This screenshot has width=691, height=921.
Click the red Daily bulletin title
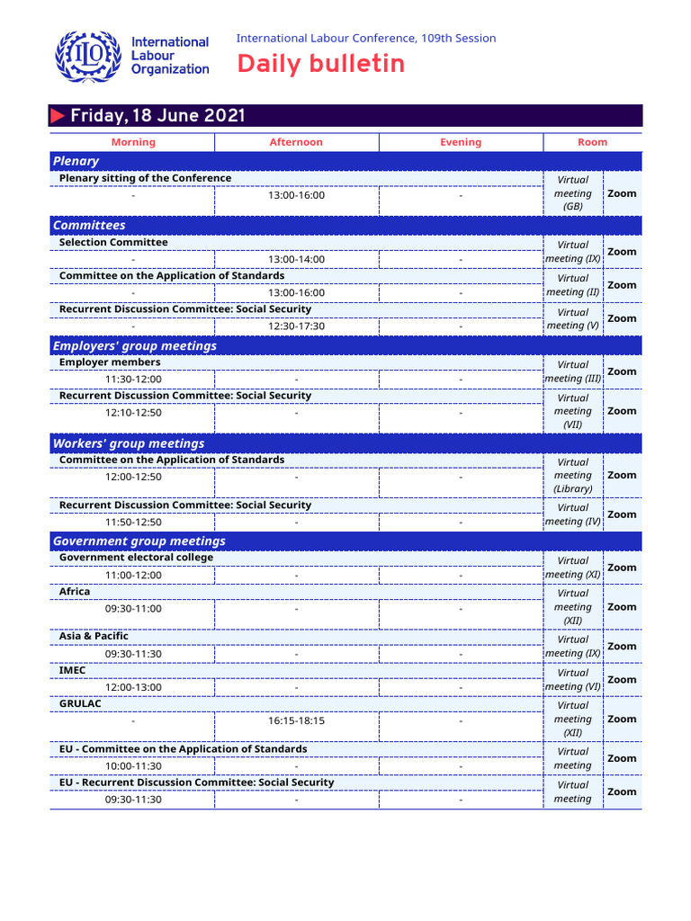tap(320, 64)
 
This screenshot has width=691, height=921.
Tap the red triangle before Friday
tap(58, 116)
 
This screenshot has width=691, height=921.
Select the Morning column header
tap(133, 142)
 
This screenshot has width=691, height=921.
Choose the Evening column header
tap(461, 142)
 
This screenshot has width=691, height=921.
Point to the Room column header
tap(592, 142)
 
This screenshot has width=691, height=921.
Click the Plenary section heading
tap(76, 161)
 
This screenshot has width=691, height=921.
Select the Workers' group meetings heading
tap(129, 443)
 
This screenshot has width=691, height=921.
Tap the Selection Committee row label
tap(113, 242)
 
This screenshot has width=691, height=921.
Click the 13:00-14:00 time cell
tap(296, 259)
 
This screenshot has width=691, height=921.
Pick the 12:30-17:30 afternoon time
tap(296, 326)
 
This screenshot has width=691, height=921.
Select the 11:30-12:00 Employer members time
tap(133, 380)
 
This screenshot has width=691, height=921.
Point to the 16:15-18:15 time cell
tap(296, 720)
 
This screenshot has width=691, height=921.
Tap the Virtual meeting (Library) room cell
tap(573, 476)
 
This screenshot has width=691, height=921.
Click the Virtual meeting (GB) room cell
tap(573, 193)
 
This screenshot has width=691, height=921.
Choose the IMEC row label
tap(73, 670)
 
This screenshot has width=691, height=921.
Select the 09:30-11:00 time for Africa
tap(133, 609)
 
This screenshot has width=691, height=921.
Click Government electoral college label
tap(136, 558)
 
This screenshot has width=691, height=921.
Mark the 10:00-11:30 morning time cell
tap(133, 766)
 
